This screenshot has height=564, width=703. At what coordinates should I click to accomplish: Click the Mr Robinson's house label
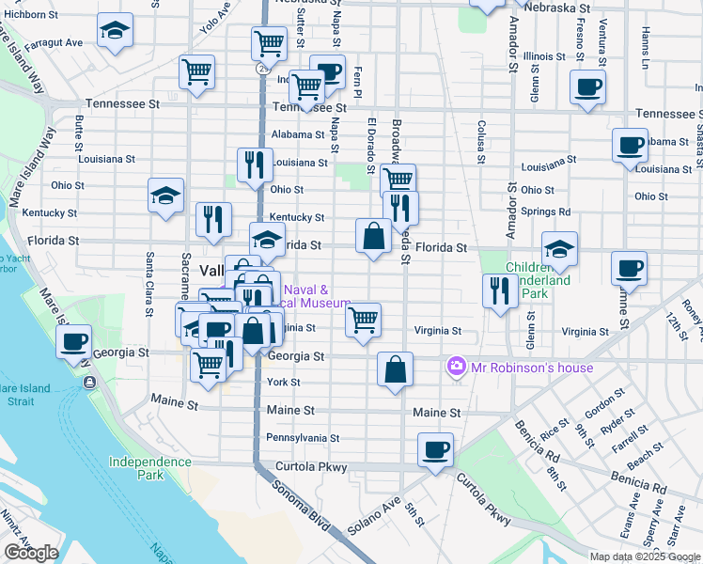(532, 367)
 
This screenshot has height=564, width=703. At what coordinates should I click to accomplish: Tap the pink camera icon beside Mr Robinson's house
(457, 366)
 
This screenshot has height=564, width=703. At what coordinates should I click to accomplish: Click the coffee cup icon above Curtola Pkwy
(435, 449)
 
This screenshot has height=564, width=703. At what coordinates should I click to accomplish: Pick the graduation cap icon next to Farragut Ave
(115, 31)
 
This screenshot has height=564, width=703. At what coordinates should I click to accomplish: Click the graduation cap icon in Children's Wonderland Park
(559, 249)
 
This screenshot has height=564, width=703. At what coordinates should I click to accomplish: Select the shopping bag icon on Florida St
(373, 236)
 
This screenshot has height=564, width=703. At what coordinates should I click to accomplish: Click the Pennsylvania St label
(303, 438)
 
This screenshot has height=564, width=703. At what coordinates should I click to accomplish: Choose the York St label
(283, 383)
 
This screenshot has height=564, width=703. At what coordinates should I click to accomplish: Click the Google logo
(31, 553)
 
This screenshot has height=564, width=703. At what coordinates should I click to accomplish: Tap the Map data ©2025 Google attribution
(645, 556)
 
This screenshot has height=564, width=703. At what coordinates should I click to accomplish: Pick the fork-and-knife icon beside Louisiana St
(255, 165)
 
